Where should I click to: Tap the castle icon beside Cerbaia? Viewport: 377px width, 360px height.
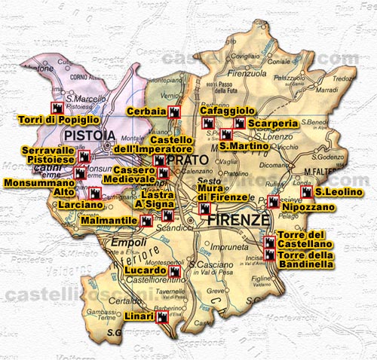pyautogui.click(x=176, y=112)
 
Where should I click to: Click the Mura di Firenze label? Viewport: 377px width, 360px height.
pyautogui.click(x=221, y=193)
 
